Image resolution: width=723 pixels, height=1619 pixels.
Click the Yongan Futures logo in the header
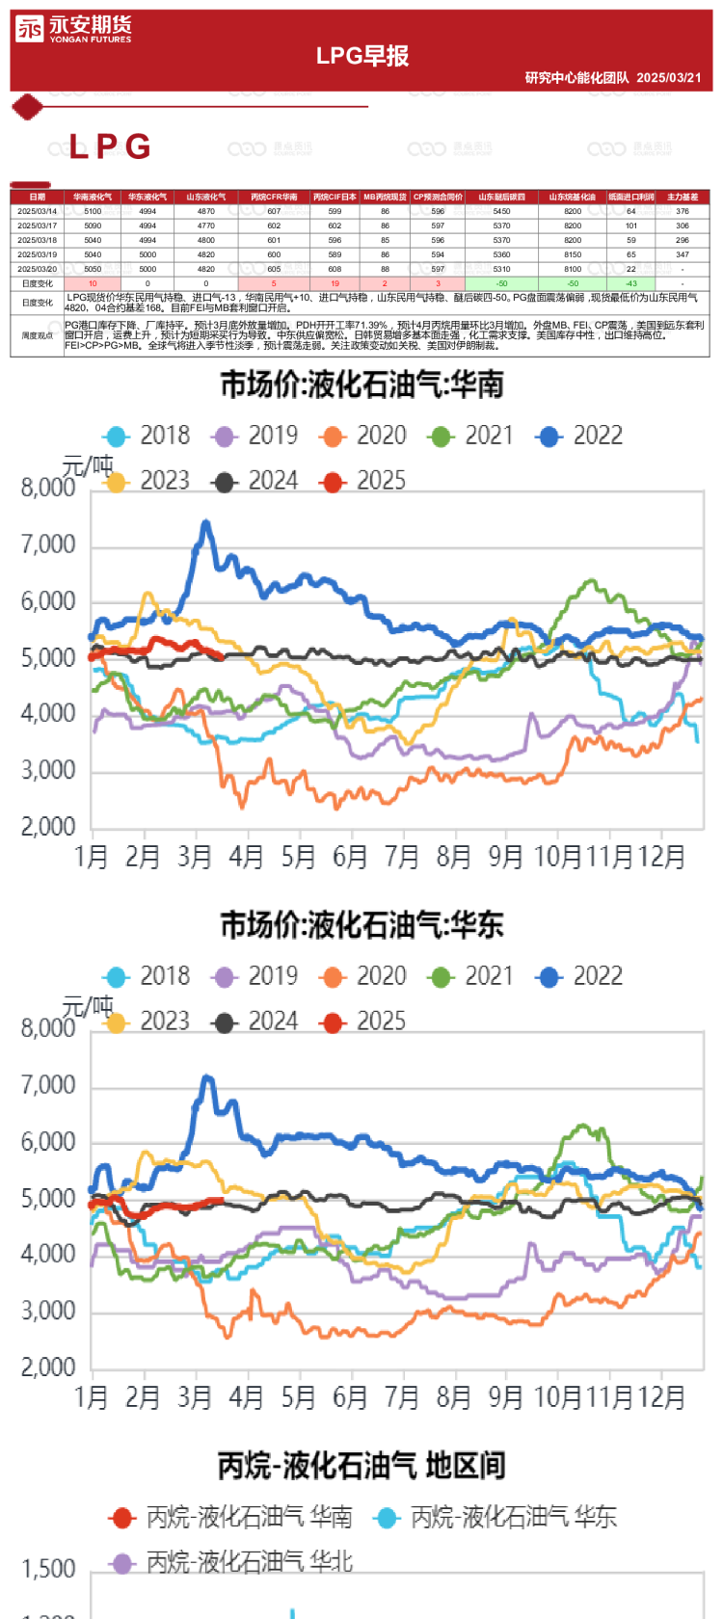[x=72, y=29]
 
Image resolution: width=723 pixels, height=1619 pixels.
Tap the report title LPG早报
[x=362, y=56]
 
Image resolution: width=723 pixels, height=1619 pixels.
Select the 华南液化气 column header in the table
[x=93, y=197]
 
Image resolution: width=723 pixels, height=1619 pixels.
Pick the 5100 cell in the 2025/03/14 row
[x=93, y=211]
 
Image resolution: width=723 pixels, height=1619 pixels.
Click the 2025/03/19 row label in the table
[x=37, y=254]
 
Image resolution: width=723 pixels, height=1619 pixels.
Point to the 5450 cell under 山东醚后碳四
[x=501, y=211]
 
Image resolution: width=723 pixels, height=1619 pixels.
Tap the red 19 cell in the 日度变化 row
[x=335, y=284]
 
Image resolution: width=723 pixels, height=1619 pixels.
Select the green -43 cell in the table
[x=630, y=284]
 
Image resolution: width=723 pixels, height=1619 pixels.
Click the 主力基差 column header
[x=683, y=197]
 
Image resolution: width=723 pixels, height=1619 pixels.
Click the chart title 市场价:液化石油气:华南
[x=362, y=385]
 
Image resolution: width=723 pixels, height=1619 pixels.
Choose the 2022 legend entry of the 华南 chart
[x=579, y=436]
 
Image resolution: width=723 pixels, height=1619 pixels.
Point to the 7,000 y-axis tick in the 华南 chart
[x=48, y=545]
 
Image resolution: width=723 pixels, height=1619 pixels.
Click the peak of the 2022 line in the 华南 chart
[x=205, y=523]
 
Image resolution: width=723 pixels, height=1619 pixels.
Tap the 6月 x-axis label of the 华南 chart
[x=350, y=857]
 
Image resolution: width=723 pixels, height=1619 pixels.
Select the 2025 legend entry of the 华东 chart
[x=363, y=1022]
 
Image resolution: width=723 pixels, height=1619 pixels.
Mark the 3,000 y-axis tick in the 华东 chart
[x=48, y=1311]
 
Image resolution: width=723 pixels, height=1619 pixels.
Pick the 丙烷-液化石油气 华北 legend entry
[x=231, y=1562]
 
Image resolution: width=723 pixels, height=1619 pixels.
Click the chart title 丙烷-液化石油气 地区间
[x=362, y=1466]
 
